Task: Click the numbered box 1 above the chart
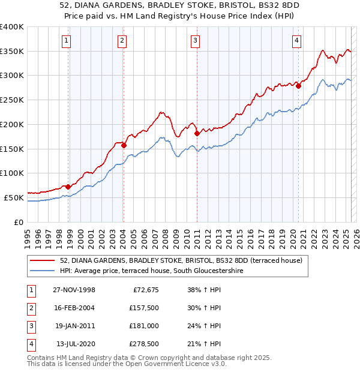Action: pyautogui.click(x=65, y=41)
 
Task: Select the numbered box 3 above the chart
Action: pyautogui.click(x=196, y=41)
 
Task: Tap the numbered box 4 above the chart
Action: pyautogui.click(x=296, y=41)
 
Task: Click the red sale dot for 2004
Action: pyautogui.click(x=124, y=145)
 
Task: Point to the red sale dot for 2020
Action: pyautogui.click(x=298, y=85)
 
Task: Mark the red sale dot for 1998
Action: pyautogui.click(x=68, y=187)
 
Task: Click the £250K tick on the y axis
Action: pyautogui.click(x=11, y=100)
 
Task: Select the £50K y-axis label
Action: pyautogui.click(x=14, y=197)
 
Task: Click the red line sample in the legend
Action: pyautogui.click(x=43, y=260)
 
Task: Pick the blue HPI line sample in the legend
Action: pyautogui.click(x=43, y=271)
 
